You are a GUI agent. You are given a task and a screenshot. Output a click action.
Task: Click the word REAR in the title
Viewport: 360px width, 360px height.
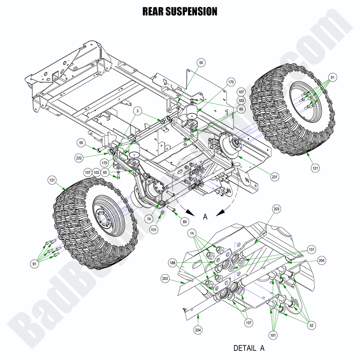click(x=152, y=11)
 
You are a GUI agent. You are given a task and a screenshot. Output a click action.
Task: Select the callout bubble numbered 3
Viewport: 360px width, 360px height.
click(x=137, y=111)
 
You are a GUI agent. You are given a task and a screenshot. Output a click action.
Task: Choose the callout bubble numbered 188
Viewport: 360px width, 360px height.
click(x=172, y=263)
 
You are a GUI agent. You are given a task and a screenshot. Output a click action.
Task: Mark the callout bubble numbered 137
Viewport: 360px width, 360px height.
click(x=249, y=323)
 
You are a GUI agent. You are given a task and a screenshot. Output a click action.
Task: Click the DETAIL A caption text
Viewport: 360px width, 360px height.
click(x=249, y=348)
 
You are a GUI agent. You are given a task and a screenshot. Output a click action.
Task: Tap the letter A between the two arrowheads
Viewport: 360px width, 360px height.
click(x=205, y=217)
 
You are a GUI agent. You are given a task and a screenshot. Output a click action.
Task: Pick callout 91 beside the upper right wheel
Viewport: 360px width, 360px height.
click(x=332, y=78)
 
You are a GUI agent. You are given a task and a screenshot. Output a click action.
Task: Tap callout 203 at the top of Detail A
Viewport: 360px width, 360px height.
click(x=277, y=209)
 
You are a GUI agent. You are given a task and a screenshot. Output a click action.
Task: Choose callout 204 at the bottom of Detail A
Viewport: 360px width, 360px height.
click(x=199, y=330)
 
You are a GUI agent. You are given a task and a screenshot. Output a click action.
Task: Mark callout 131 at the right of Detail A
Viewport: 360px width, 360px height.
click(x=312, y=249)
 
